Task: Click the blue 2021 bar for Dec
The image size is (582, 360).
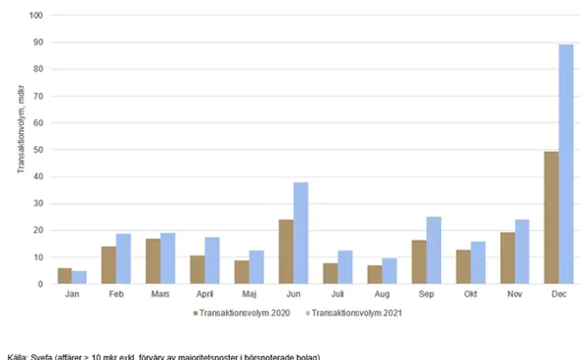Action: [x=566, y=165]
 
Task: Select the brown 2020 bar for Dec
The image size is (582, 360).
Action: [x=551, y=218]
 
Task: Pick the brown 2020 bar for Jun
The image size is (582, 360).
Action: [x=285, y=252]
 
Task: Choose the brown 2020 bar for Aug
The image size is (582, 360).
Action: [x=374, y=274]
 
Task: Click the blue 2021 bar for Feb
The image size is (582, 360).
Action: [x=123, y=259]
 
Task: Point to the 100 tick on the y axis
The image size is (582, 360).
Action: [x=36, y=16]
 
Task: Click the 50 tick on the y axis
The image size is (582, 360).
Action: [x=38, y=150]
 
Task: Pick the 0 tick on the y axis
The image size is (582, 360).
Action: [x=40, y=284]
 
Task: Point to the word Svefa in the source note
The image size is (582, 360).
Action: [x=41, y=356]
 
